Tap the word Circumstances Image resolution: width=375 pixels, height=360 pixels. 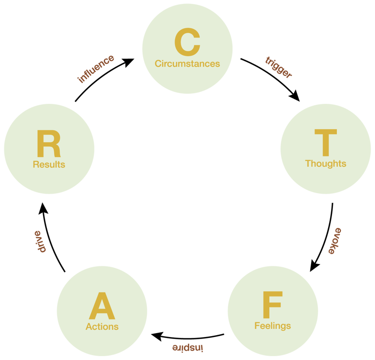click(x=187, y=63)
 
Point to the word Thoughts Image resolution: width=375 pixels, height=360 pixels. click(x=326, y=163)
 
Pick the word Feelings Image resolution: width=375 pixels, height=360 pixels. click(x=272, y=325)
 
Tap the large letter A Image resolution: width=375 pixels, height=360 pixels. click(x=102, y=306)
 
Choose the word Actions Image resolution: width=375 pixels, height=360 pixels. click(x=102, y=326)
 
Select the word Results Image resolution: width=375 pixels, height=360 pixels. click(x=49, y=164)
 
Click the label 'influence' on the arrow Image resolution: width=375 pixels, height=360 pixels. click(x=96, y=69)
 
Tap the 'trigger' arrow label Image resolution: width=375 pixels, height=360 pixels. click(x=279, y=67)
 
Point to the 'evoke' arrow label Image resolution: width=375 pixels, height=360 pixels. click(x=334, y=240)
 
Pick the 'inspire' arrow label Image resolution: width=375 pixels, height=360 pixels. click(x=187, y=347)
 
